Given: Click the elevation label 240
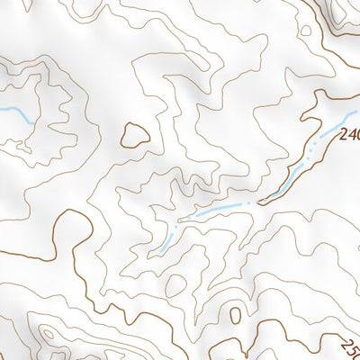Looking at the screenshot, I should click(x=350, y=136).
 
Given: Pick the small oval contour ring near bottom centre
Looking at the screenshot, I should click(x=236, y=315).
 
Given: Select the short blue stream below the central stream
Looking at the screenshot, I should click(x=166, y=240).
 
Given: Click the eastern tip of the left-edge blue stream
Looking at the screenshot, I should click(x=32, y=121).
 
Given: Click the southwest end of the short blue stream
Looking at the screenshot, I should click(x=158, y=247).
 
